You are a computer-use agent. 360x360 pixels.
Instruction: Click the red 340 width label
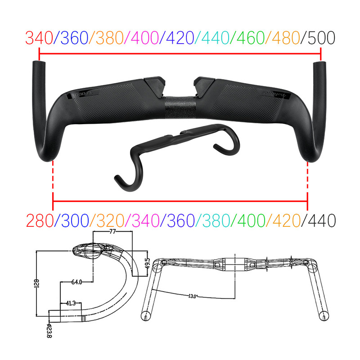coord(39,38)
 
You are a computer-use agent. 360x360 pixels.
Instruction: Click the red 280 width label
coord(39,220)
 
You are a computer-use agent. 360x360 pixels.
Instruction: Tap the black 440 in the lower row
coord(321,220)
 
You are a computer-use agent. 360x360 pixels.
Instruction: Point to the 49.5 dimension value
coord(147,262)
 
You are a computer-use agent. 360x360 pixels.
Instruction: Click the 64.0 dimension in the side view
coord(76,282)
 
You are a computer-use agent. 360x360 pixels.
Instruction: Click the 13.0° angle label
coord(193,296)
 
